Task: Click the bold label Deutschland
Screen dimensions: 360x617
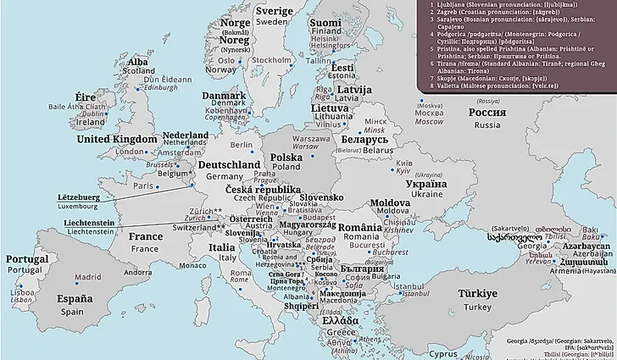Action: (x=229, y=164)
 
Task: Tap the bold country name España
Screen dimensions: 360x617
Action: (x=75, y=299)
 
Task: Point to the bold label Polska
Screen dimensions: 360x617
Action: (x=286, y=157)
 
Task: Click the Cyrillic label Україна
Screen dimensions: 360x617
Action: (x=426, y=183)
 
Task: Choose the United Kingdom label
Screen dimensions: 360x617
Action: (x=116, y=139)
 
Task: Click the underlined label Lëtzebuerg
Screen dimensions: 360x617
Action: (x=79, y=197)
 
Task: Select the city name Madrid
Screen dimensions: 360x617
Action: (x=87, y=277)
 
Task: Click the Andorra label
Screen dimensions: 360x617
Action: (x=137, y=273)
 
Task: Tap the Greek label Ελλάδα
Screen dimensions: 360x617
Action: (x=339, y=322)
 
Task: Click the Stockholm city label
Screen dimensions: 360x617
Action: (x=271, y=60)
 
